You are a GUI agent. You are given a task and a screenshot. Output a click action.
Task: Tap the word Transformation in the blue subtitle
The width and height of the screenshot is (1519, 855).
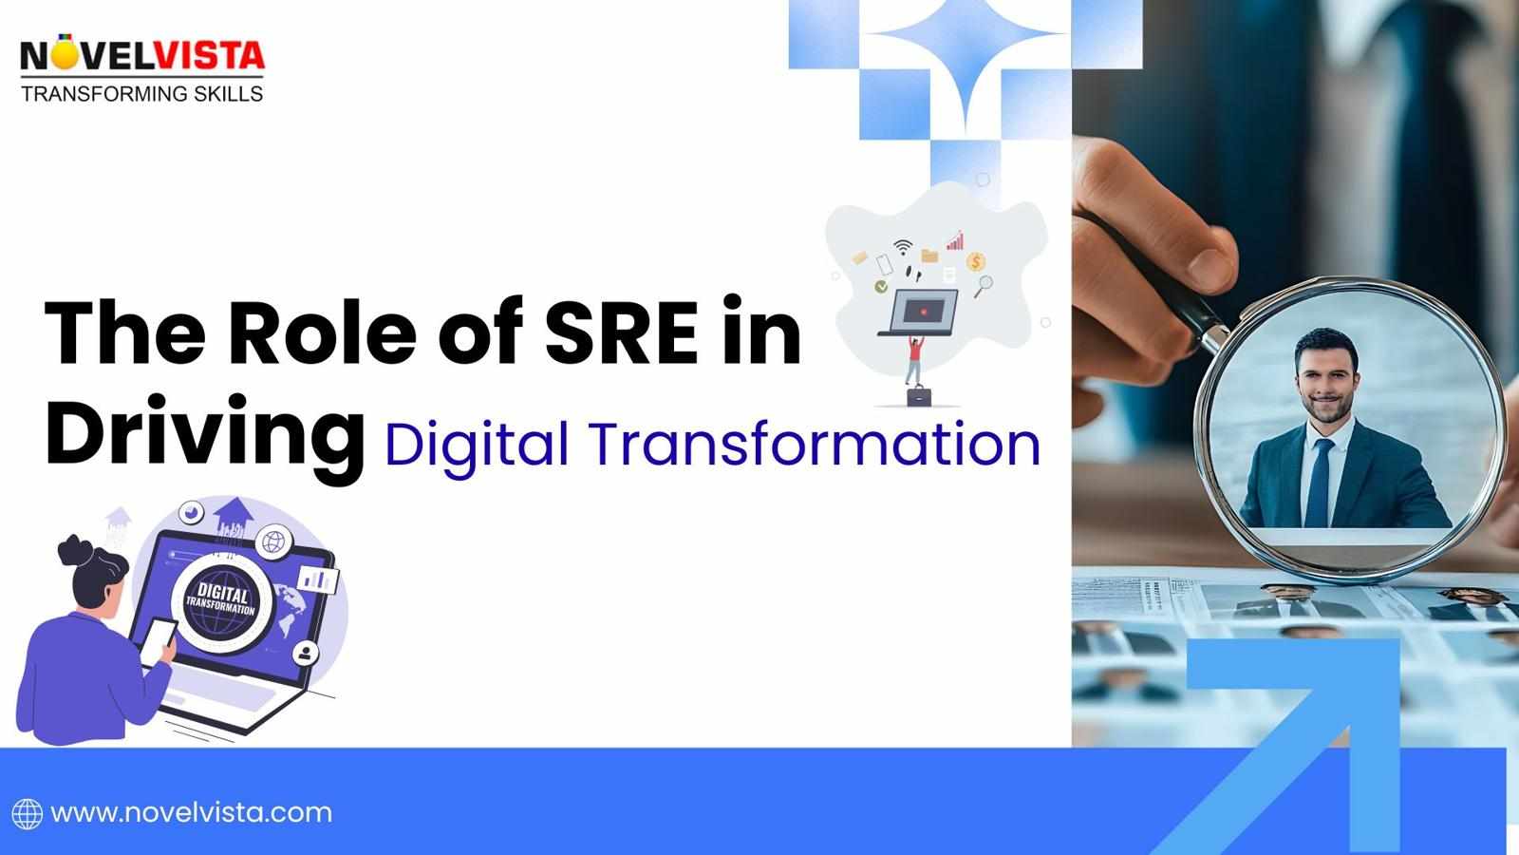pyautogui.click(x=814, y=444)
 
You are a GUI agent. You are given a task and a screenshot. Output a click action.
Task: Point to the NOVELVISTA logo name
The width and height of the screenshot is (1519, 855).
pyautogui.click(x=142, y=56)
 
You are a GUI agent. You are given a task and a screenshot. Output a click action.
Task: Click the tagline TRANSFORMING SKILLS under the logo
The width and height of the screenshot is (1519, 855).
pyautogui.click(x=142, y=93)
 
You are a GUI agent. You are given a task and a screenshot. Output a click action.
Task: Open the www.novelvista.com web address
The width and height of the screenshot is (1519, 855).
pyautogui.click(x=191, y=813)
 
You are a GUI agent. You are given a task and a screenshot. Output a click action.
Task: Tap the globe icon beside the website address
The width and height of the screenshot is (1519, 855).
pyautogui.click(x=27, y=814)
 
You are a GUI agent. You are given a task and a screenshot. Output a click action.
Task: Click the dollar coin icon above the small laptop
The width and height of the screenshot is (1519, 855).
pyautogui.click(x=976, y=261)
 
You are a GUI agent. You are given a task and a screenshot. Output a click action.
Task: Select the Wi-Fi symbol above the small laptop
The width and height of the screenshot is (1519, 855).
pyautogui.click(x=903, y=248)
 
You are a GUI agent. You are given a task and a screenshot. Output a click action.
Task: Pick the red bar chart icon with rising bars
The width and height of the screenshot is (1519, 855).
pyautogui.click(x=955, y=240)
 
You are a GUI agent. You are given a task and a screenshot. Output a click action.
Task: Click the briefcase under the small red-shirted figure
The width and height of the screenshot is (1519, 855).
pyautogui.click(x=917, y=395)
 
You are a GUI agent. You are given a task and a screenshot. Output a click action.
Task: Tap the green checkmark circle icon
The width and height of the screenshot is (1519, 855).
pyautogui.click(x=882, y=285)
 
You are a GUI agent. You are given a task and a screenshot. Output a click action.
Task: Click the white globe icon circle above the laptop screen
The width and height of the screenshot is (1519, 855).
pyautogui.click(x=274, y=542)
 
